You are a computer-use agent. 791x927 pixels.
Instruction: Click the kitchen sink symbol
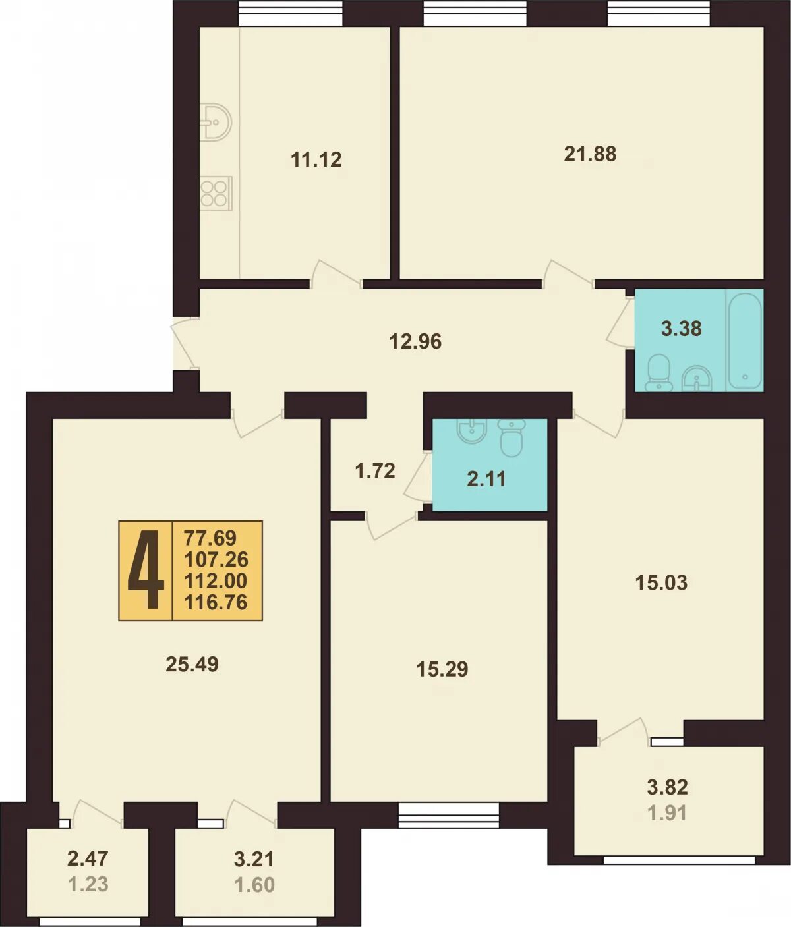[x=216, y=123]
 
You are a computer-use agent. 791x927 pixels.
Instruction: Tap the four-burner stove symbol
[x=216, y=193]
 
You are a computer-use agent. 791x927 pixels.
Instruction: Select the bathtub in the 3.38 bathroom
[x=745, y=341]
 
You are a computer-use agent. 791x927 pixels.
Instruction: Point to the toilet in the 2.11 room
[x=512, y=437]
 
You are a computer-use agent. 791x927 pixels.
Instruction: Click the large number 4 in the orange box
[x=146, y=569]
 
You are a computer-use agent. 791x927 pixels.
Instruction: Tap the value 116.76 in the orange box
[x=216, y=602]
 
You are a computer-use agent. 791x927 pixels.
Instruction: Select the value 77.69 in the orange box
[x=210, y=537]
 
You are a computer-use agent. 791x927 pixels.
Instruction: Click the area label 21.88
[x=590, y=154]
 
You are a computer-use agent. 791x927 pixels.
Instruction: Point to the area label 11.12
[x=316, y=159]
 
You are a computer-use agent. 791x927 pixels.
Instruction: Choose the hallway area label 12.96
[x=415, y=341]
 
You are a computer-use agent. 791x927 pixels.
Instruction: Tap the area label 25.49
[x=192, y=664]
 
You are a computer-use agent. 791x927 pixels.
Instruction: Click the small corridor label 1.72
[x=375, y=471]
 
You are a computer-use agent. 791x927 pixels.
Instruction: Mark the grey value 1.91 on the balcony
[x=667, y=813]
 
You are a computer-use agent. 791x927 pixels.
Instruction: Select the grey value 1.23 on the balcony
[x=88, y=884]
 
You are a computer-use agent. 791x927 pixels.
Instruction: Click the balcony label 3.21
[x=254, y=859]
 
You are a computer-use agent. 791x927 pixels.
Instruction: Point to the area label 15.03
[x=661, y=583]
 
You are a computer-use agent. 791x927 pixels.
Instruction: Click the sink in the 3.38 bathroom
[x=696, y=379]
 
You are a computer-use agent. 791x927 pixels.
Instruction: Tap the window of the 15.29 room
[x=449, y=815]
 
